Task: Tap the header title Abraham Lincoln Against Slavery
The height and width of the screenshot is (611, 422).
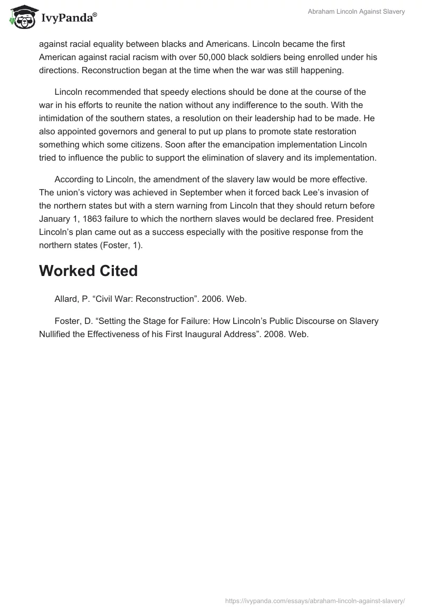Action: pos(357,12)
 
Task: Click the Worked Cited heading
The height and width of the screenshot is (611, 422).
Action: pos(88,271)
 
